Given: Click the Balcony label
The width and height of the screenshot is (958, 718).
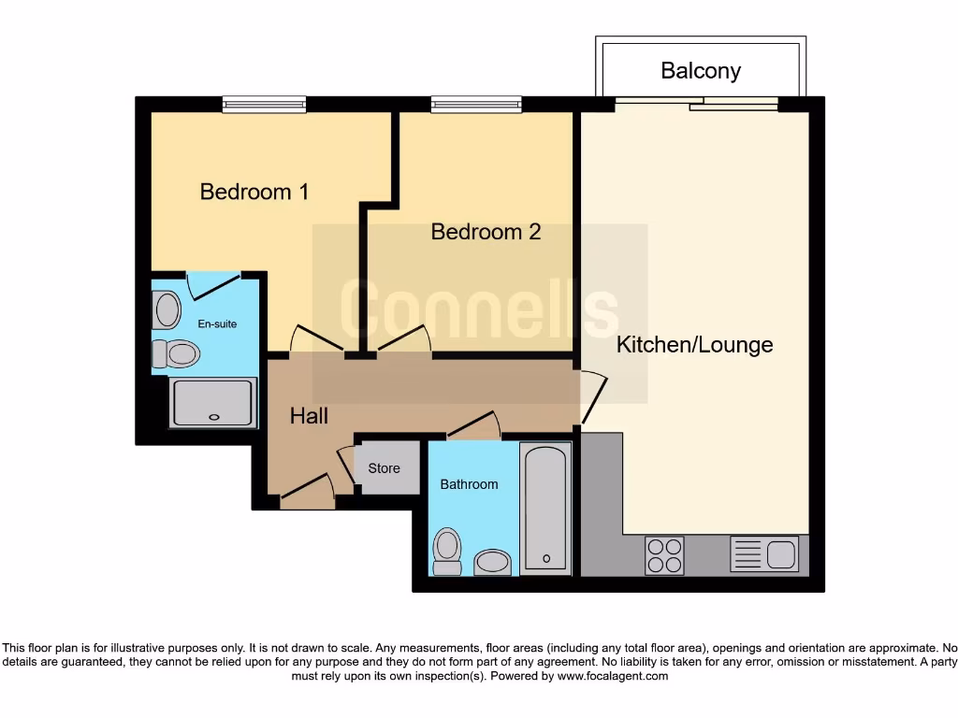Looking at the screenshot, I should click(701, 70).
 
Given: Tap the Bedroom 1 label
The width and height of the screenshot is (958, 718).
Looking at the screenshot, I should click(254, 192).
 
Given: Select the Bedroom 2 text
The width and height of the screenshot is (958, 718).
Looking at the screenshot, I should click(486, 232).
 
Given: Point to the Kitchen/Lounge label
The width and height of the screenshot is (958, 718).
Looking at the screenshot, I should click(694, 344).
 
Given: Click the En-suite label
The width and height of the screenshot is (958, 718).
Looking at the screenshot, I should click(217, 324).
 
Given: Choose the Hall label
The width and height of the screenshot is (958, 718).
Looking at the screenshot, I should click(309, 416).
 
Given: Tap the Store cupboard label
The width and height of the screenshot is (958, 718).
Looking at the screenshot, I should click(384, 468).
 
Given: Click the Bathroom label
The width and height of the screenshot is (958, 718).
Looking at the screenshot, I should click(469, 484).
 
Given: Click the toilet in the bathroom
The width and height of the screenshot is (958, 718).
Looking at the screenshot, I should click(448, 552).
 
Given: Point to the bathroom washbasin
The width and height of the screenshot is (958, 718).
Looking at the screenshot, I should click(493, 562).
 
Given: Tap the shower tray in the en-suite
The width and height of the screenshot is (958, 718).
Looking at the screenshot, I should click(213, 403).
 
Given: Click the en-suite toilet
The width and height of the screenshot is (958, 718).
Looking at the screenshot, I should click(178, 353).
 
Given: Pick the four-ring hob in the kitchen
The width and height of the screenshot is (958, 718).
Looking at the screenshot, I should click(664, 554).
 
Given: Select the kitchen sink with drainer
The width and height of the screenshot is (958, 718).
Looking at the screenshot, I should click(764, 554).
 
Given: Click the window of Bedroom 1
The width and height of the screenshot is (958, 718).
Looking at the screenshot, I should click(265, 105).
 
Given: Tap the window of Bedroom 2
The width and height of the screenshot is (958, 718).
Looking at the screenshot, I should click(476, 105).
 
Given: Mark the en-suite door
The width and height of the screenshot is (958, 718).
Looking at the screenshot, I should click(216, 284).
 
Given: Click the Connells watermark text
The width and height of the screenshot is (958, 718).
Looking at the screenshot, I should click(479, 309).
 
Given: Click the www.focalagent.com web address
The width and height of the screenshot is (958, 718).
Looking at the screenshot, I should click(614, 676).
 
